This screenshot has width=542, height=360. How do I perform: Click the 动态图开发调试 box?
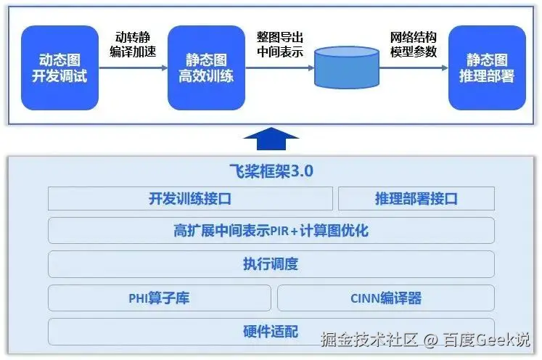(59, 67)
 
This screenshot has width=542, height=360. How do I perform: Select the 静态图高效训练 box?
(205, 67)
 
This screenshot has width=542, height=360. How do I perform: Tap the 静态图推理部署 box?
(486, 67)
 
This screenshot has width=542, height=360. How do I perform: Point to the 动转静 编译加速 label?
(133, 44)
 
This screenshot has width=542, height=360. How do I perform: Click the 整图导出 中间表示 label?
(279, 44)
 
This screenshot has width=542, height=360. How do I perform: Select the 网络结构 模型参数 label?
(414, 44)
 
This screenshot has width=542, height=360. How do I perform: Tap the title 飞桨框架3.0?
(271, 171)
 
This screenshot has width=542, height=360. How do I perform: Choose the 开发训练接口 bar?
(190, 198)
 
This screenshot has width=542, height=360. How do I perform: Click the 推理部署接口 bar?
(416, 198)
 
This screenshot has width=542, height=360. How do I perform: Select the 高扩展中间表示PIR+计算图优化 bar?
(271, 231)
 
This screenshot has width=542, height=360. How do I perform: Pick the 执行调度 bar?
(271, 264)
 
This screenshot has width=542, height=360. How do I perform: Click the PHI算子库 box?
(159, 298)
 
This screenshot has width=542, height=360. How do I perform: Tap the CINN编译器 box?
(385, 298)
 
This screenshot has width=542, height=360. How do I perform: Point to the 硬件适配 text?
(271, 332)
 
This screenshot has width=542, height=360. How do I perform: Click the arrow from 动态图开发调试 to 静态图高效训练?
(133, 68)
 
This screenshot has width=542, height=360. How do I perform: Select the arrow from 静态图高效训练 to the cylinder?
(279, 68)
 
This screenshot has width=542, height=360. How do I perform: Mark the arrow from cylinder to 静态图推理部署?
(414, 68)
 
